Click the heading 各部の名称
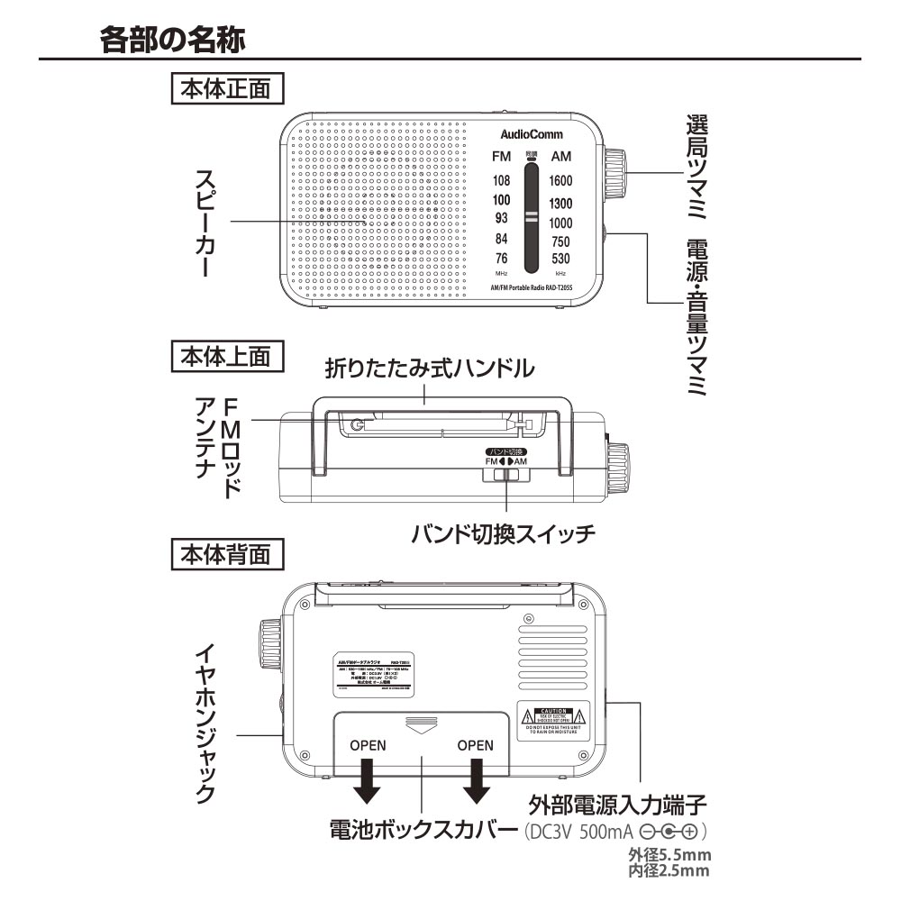(x=172, y=39)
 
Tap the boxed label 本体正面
(x=226, y=90)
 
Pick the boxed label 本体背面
(x=226, y=553)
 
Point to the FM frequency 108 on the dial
(x=502, y=181)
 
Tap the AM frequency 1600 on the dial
(x=560, y=181)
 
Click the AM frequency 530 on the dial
(x=560, y=259)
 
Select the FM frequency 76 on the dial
(x=502, y=259)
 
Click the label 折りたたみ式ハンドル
(x=430, y=368)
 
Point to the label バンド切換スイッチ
(x=503, y=533)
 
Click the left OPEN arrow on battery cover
(x=368, y=780)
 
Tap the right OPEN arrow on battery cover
(x=475, y=780)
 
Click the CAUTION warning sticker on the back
(x=553, y=720)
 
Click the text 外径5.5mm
(x=669, y=855)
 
